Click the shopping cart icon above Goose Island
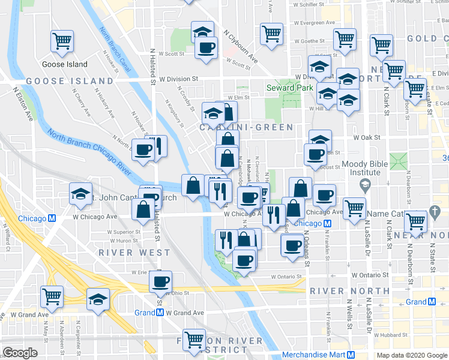(x=62, y=41)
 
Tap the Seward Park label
(x=290, y=88)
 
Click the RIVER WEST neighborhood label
(x=135, y=253)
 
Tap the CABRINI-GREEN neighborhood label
(x=247, y=127)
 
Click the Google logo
(x=20, y=353)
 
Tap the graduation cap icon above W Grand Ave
(x=98, y=298)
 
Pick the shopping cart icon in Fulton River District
(x=194, y=340)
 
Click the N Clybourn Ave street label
(x=240, y=48)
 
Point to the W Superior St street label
(x=124, y=232)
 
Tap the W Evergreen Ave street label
(x=314, y=23)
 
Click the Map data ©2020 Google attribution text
(x=411, y=355)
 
